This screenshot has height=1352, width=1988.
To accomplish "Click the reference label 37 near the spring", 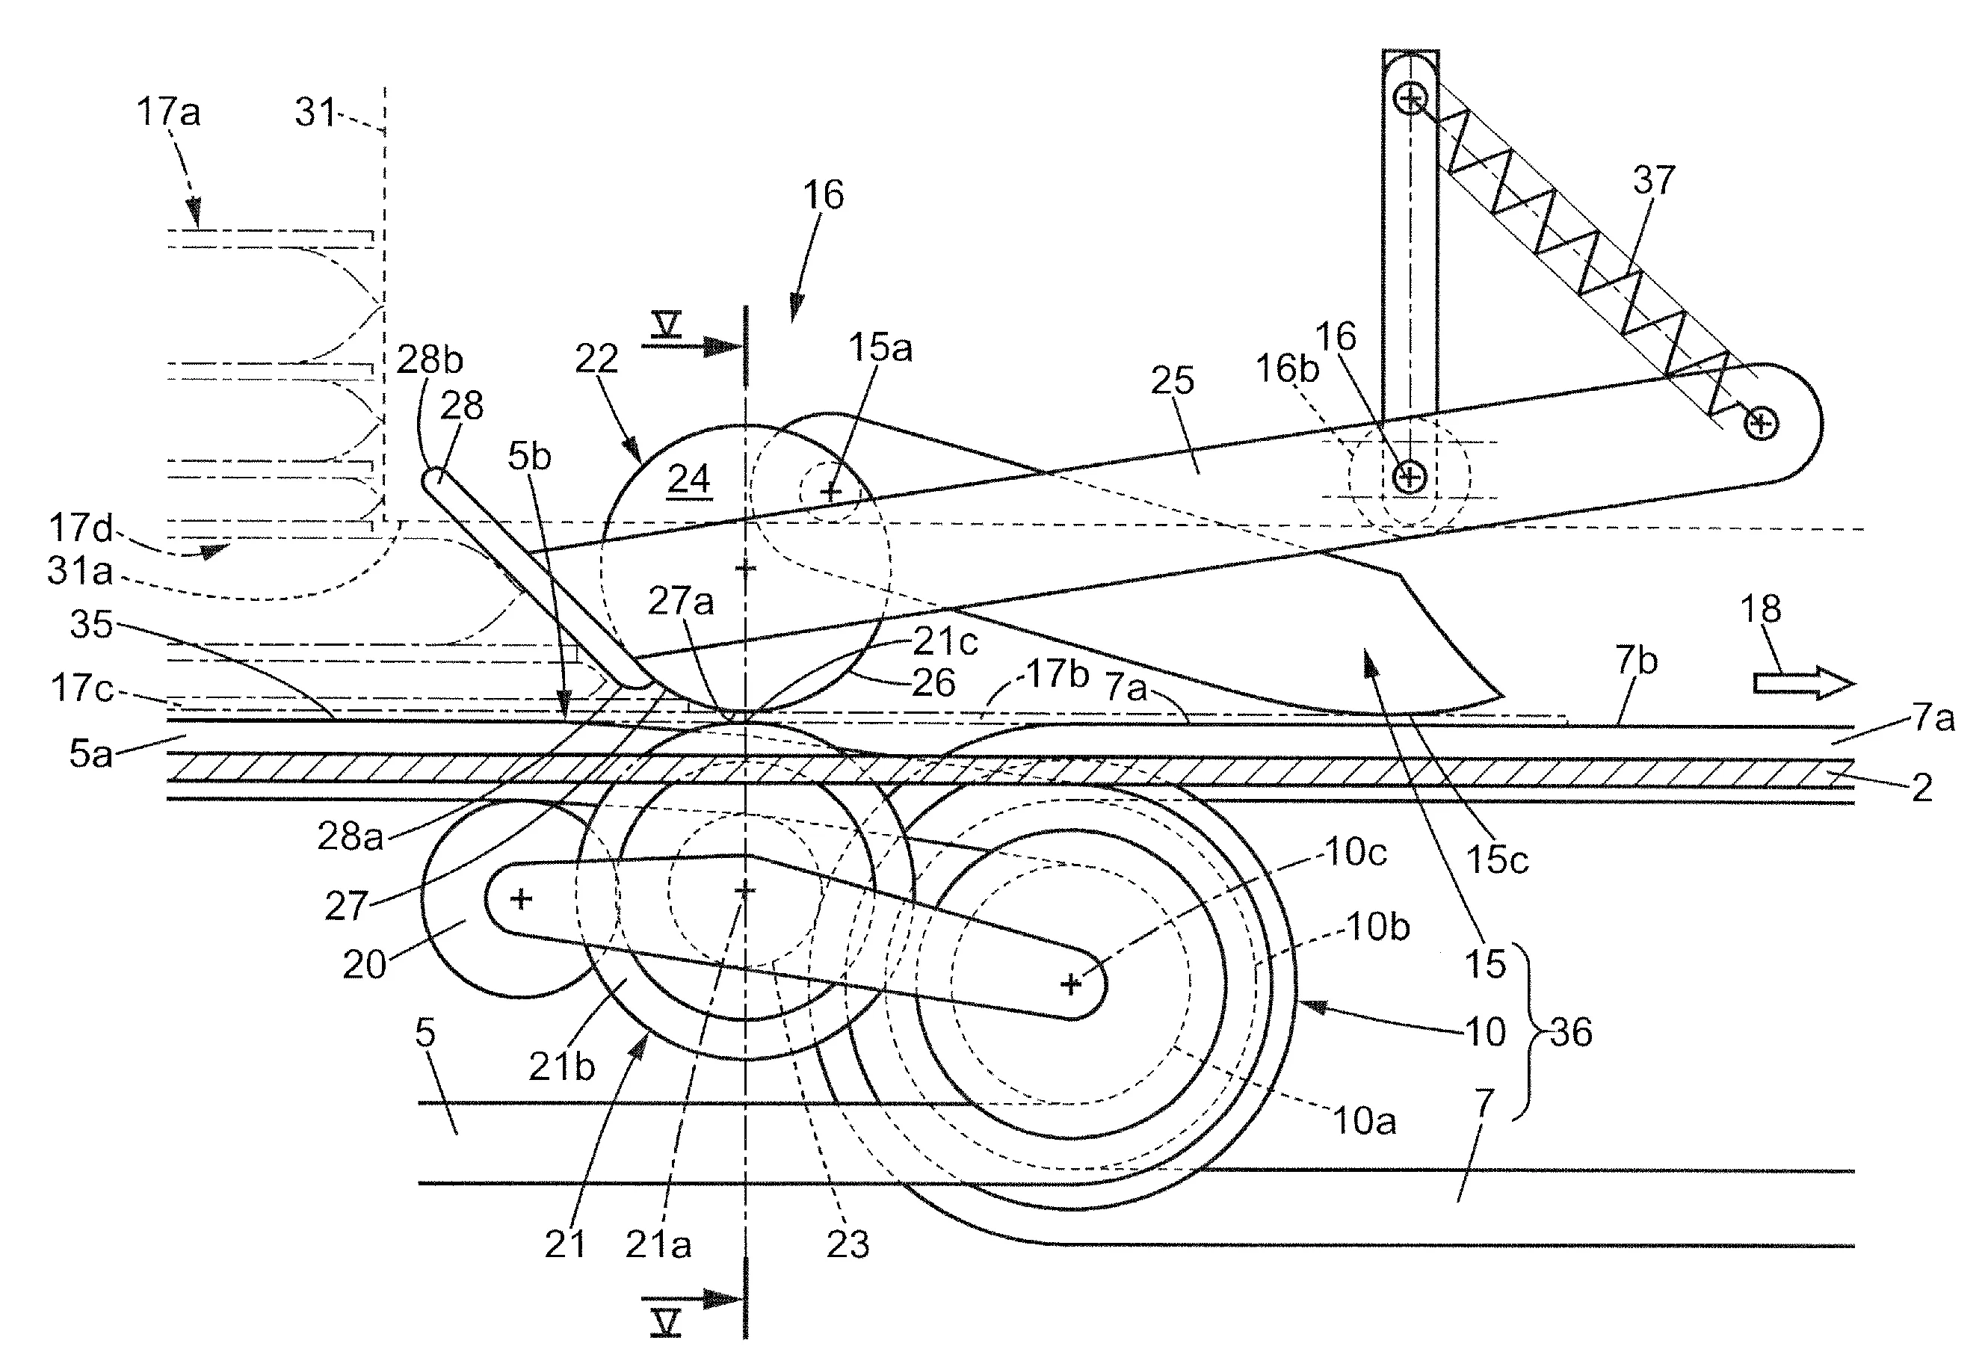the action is [x=1653, y=181].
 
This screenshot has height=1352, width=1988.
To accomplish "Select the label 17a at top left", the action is [x=168, y=112].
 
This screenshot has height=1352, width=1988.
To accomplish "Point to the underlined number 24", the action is [x=688, y=479].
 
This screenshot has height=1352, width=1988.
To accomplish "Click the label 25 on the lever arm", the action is [x=1172, y=380].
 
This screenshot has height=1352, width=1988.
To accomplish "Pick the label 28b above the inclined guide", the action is [x=430, y=360].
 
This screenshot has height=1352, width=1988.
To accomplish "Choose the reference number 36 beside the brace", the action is [x=1572, y=1033].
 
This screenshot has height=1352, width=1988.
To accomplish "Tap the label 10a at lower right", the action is [x=1365, y=1121].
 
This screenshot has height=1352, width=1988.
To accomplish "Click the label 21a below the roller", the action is [x=658, y=1244].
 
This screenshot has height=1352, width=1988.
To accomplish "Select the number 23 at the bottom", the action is [x=848, y=1244].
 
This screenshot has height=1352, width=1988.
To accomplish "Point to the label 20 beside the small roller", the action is [x=365, y=965].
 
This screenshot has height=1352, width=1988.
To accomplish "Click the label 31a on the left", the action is [x=79, y=571].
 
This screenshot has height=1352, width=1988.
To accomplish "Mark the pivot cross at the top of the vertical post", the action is [x=1410, y=99].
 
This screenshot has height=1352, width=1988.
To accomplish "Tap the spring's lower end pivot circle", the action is [x=1762, y=423].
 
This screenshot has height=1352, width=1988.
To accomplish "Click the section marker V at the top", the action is [x=665, y=324].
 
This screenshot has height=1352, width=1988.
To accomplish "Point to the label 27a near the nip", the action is [x=680, y=602].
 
